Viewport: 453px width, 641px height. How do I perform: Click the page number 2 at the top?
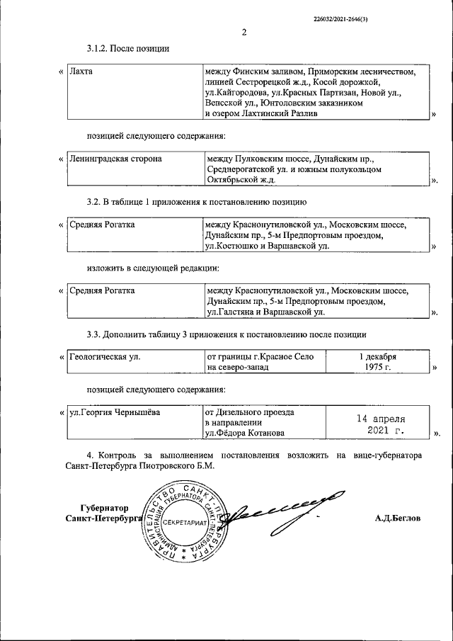[x=243, y=32]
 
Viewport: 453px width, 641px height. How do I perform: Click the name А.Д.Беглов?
[x=398, y=518]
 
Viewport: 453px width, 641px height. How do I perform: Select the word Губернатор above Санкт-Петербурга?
[x=105, y=508]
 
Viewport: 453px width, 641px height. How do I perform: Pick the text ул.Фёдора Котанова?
[x=243, y=434]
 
